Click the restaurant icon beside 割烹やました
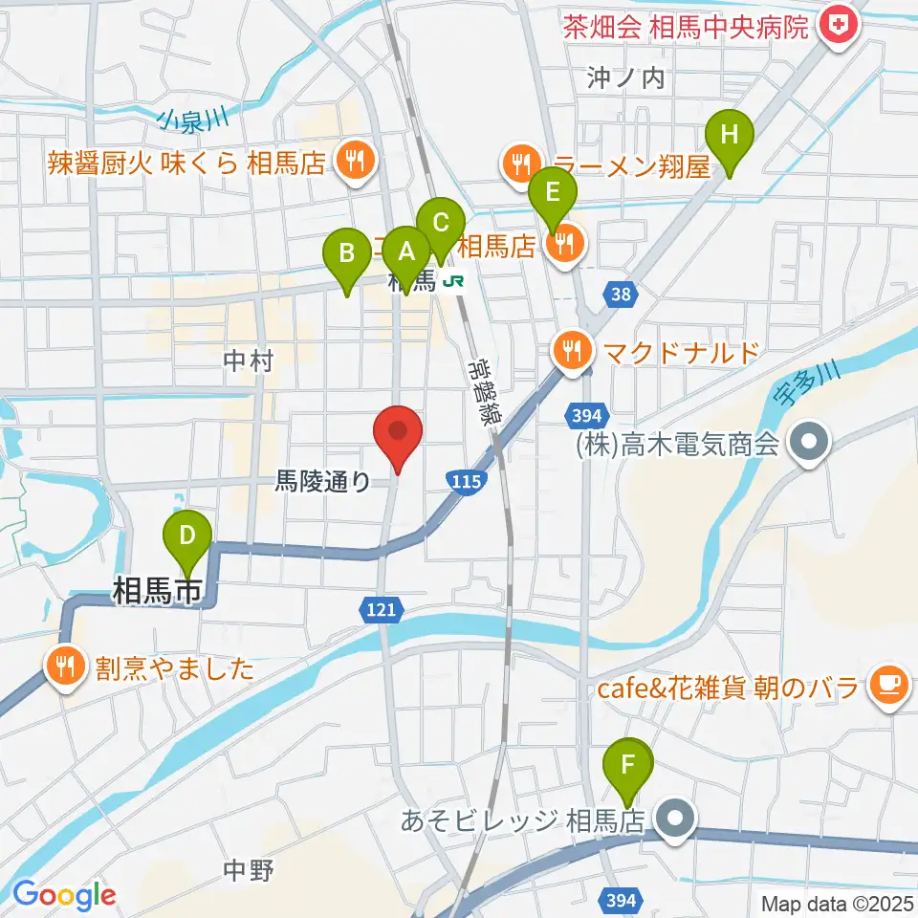[65, 665]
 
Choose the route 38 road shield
[621, 295]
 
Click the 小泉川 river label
[193, 119]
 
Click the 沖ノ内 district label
[626, 78]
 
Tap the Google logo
[64, 894]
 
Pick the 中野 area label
[249, 870]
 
